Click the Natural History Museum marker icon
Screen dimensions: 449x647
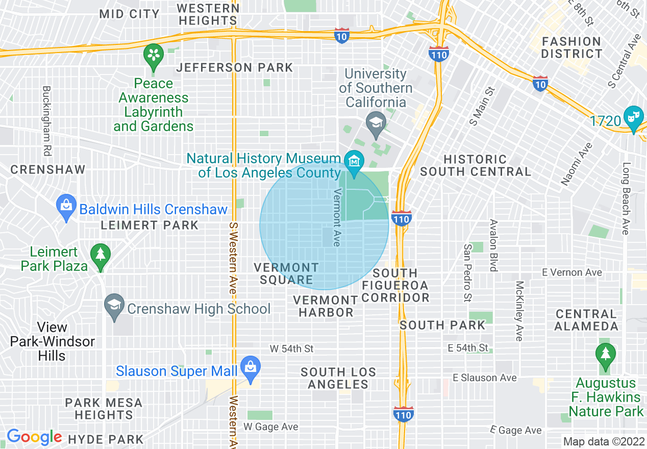coord(353,162)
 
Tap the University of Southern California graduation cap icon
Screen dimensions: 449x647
coord(376,123)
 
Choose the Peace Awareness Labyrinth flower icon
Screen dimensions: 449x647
coord(153,55)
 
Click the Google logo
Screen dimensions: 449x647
coord(34,437)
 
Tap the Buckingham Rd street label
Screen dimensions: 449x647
coord(47,120)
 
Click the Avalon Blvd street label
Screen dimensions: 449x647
coord(493,245)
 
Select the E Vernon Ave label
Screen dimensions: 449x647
coord(572,272)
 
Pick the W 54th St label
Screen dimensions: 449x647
coord(291,349)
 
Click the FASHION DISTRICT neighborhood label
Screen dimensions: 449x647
coord(571,47)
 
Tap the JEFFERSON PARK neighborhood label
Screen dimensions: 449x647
coord(235,67)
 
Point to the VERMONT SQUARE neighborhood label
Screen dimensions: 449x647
coord(286,273)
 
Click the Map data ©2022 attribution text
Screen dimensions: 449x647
coord(603,441)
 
